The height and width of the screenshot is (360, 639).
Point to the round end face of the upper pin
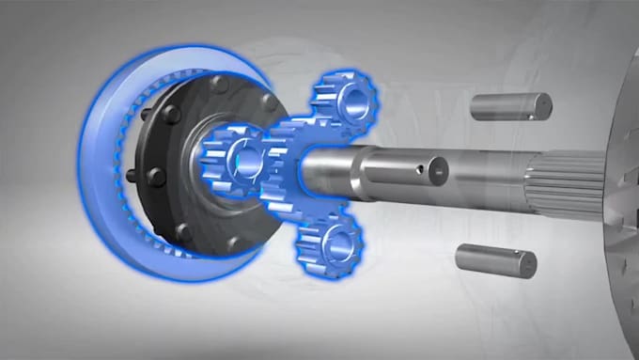tap(543, 105)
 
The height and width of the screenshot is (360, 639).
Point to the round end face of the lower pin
tap(527, 265)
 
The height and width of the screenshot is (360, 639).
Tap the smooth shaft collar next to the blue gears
tap(329, 170)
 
